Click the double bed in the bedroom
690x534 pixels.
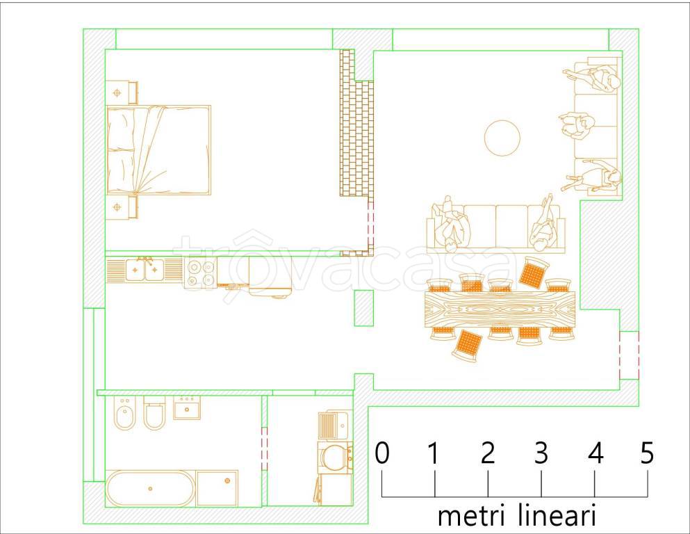158,149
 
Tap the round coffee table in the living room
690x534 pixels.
502,138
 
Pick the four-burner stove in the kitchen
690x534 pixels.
200,272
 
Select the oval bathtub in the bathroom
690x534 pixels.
150,489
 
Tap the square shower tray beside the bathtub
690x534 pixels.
217,488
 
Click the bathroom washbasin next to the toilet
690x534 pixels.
186,408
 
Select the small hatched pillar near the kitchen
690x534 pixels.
363,308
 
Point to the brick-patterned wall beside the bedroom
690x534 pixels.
355,136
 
